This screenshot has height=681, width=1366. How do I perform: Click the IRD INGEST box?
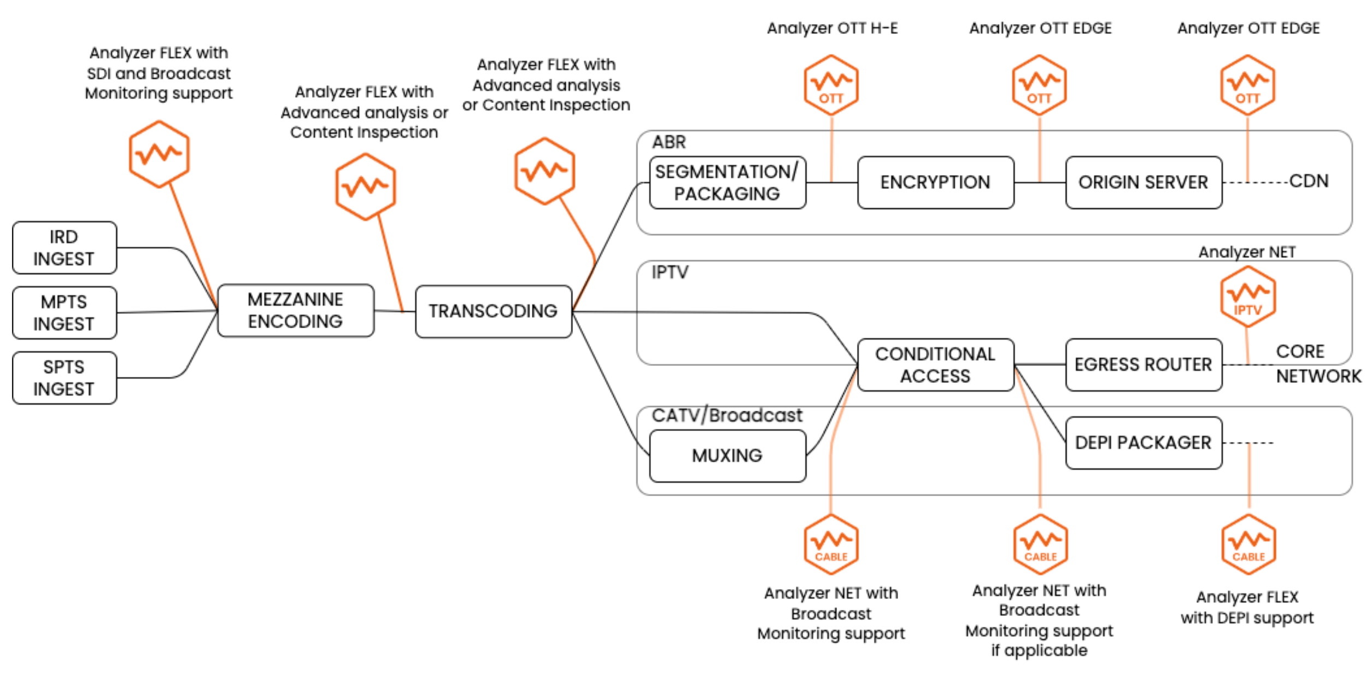[x=65, y=248]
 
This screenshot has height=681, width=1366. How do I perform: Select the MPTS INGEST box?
[x=65, y=313]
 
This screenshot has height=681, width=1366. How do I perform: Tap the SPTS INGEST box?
[x=65, y=378]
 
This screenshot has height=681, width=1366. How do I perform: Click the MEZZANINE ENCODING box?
[x=296, y=311]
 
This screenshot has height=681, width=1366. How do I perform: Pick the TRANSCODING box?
[x=493, y=311]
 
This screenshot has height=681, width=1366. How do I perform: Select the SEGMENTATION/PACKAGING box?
[x=728, y=183]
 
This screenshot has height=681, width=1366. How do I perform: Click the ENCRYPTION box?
[x=935, y=183]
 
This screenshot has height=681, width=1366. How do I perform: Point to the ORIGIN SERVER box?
[x=1144, y=183]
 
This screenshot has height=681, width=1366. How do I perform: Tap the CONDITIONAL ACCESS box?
[x=935, y=365]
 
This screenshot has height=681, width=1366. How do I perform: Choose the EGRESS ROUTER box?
[x=1144, y=365]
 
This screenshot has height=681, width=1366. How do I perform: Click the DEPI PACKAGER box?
[x=1144, y=443]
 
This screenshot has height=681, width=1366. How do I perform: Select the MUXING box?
[x=728, y=456]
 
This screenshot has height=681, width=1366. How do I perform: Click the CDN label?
[x=1309, y=182]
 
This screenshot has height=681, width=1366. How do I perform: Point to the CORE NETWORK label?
[x=1317, y=364]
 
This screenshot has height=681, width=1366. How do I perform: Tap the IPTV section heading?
[x=670, y=272]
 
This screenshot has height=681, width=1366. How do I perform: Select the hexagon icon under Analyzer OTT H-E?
[x=831, y=85]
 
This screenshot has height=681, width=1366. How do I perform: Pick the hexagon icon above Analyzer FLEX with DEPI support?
[x=1248, y=544]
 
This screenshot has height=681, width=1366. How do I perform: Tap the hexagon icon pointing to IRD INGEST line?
[x=160, y=155]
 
